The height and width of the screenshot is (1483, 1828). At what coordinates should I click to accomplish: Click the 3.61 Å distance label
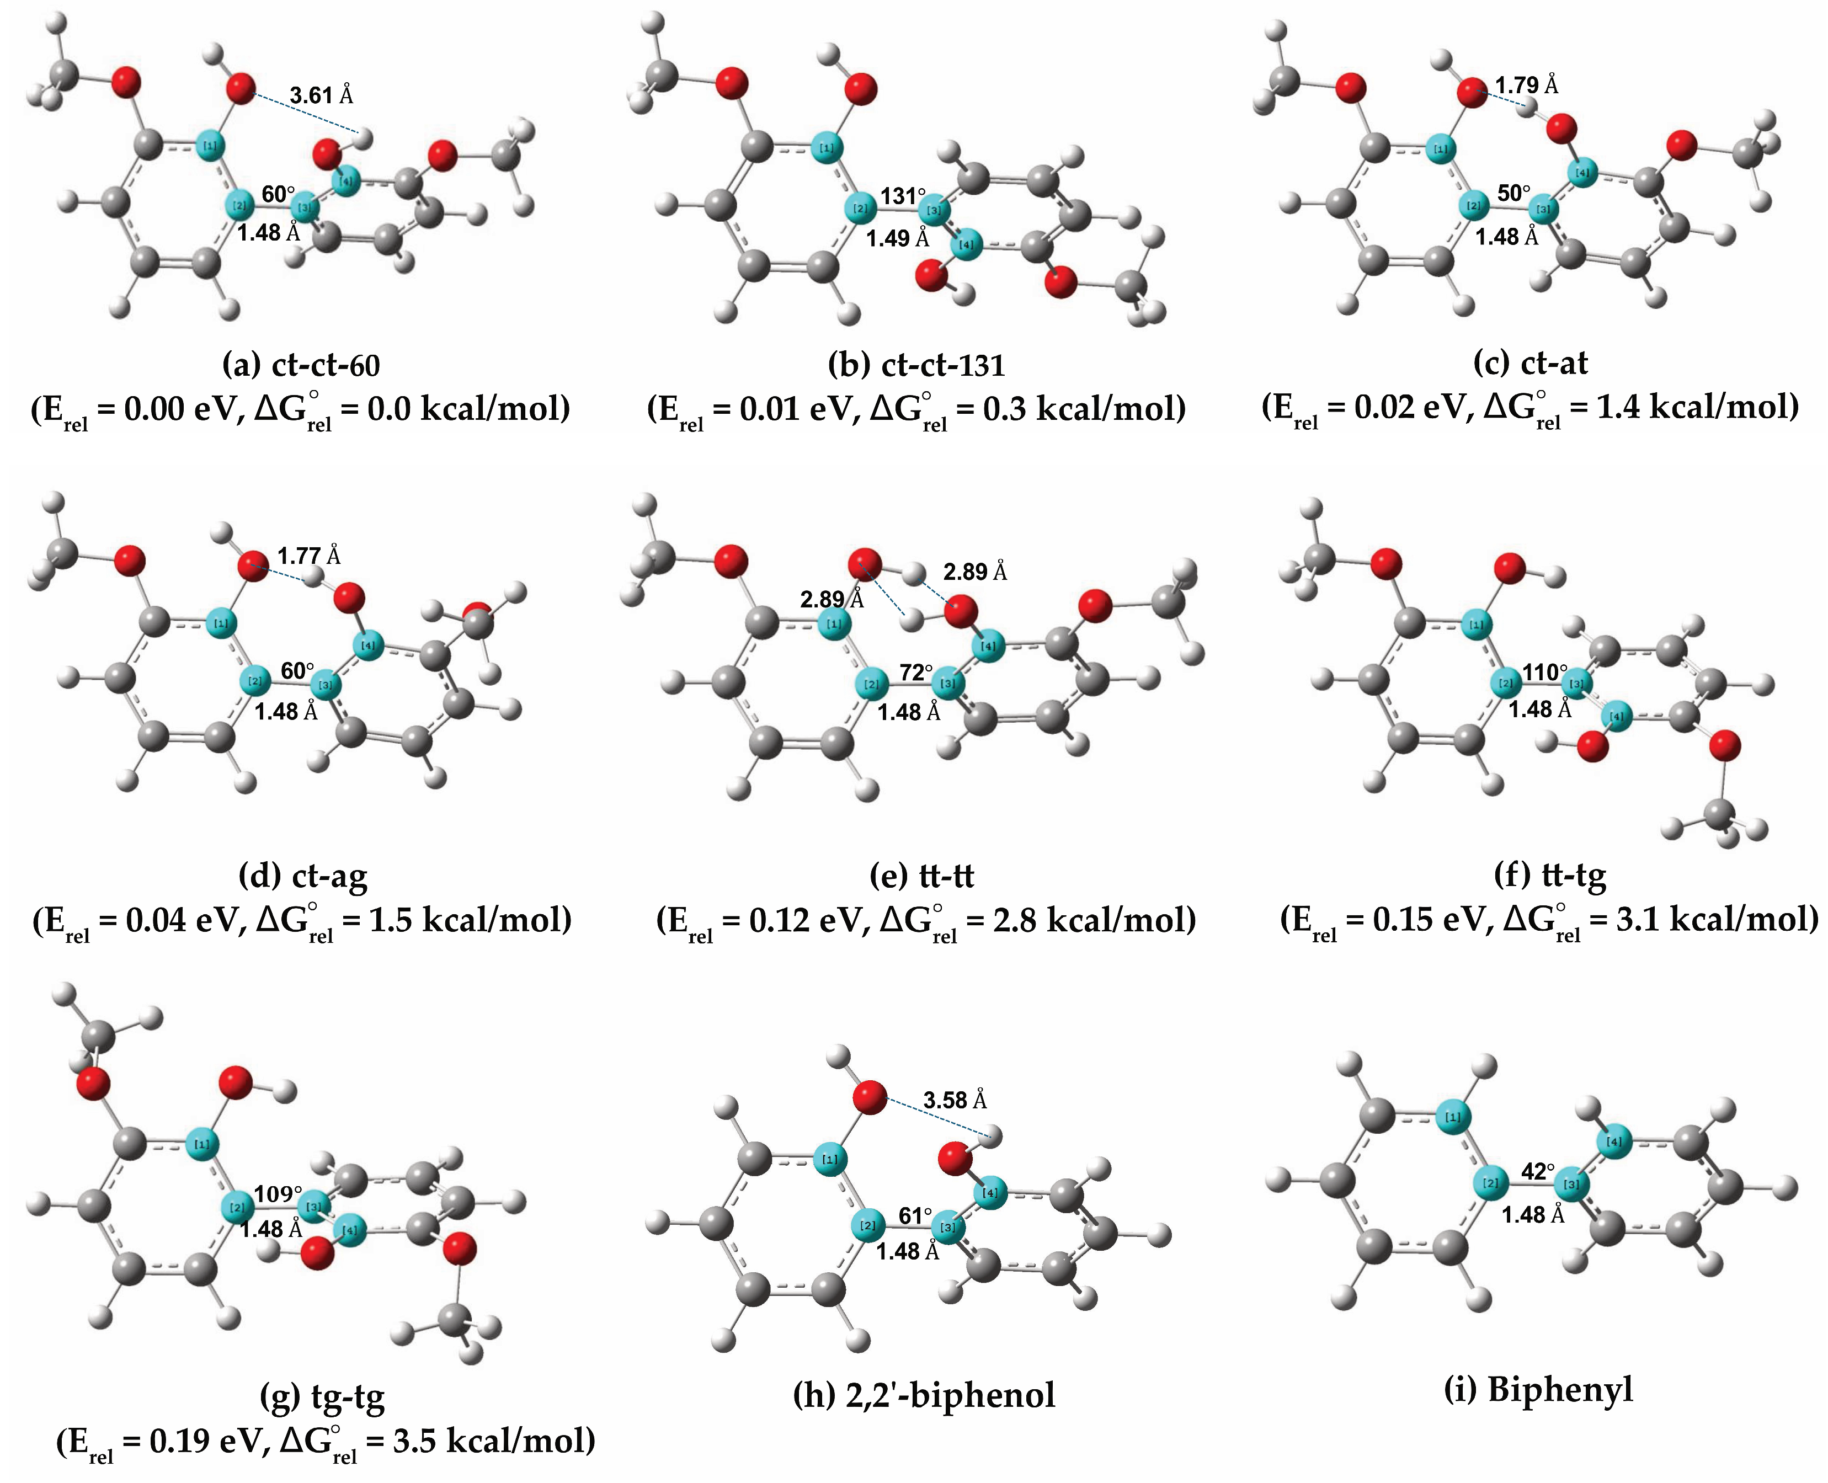[x=321, y=95]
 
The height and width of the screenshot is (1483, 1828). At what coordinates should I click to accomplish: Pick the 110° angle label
[x=1545, y=673]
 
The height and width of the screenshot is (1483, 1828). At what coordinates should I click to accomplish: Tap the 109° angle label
[x=279, y=1193]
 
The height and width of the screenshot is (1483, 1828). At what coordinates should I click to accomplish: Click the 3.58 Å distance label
[x=954, y=1100]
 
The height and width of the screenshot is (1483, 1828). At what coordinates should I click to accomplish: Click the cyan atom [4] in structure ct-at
[x=1582, y=173]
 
